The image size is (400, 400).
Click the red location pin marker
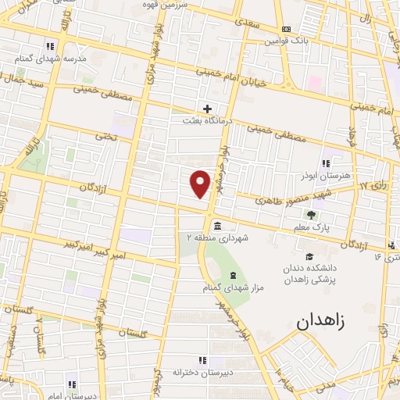coord(201,183)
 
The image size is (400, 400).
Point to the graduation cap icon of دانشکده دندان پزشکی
coord(309,256)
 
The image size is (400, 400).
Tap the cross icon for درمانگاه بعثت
coord(207,109)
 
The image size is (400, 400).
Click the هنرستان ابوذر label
coord(325,176)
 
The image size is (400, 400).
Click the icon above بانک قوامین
coord(285,28)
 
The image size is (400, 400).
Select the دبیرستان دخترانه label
coord(202,373)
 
